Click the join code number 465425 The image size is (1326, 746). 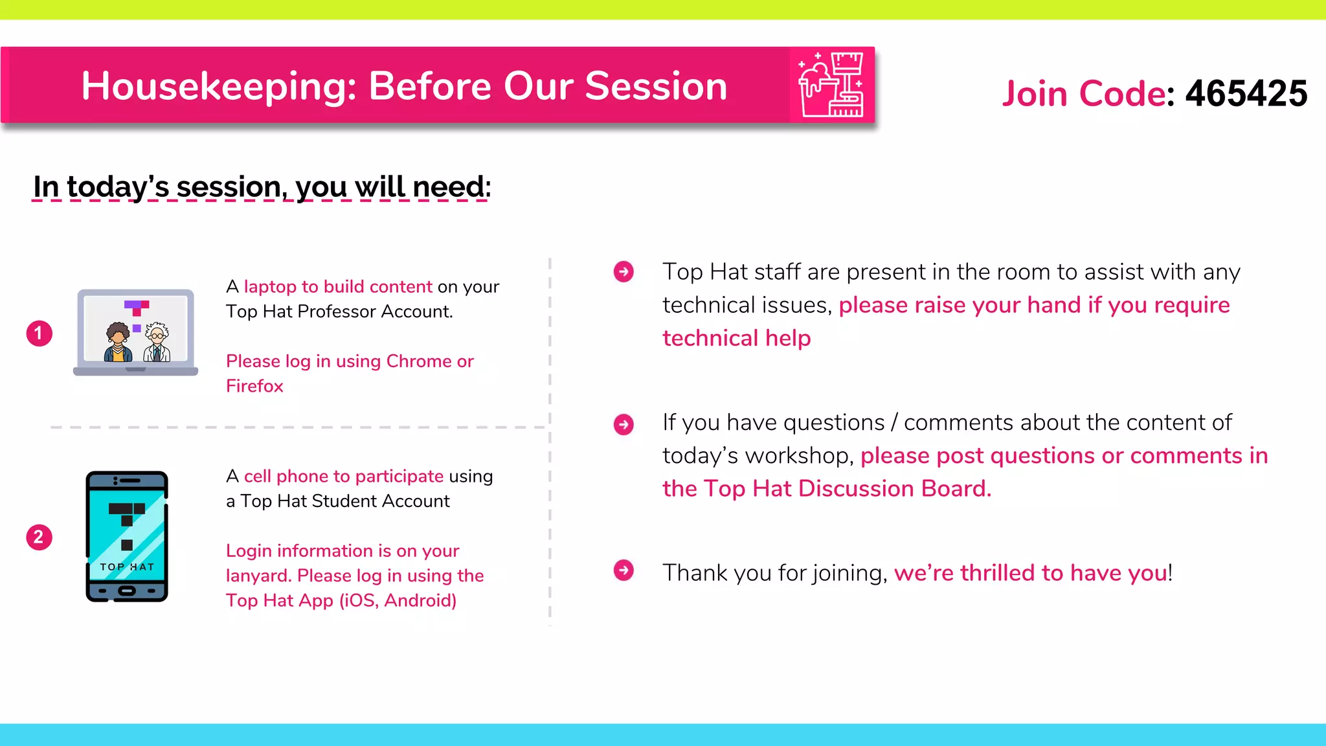1246,93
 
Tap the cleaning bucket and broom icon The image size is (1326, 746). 831,85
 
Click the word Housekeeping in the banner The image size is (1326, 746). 219,86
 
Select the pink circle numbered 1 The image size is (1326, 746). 39,333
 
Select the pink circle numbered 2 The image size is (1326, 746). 39,537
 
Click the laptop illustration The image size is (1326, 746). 135,332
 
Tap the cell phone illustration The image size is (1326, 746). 127,536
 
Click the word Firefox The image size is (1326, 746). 254,386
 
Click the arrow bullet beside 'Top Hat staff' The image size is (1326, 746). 624,271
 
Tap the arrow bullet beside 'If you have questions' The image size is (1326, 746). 624,425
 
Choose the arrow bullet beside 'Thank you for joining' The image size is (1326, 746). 624,571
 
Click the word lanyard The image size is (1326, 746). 257,576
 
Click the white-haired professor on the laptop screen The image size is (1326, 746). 157,343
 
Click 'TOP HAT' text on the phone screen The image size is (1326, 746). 127,567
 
